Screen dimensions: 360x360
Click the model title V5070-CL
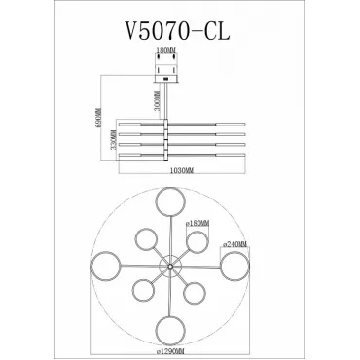(177, 31)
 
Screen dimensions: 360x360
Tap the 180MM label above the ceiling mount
(165, 50)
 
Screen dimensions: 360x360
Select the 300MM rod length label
(158, 101)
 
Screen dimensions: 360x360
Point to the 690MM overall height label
(98, 118)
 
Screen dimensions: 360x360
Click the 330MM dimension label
(113, 140)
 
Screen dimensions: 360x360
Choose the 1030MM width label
(182, 171)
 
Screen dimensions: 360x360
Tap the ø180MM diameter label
(198, 224)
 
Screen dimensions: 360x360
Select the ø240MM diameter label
(234, 244)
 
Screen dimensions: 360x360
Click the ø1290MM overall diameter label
(170, 351)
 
